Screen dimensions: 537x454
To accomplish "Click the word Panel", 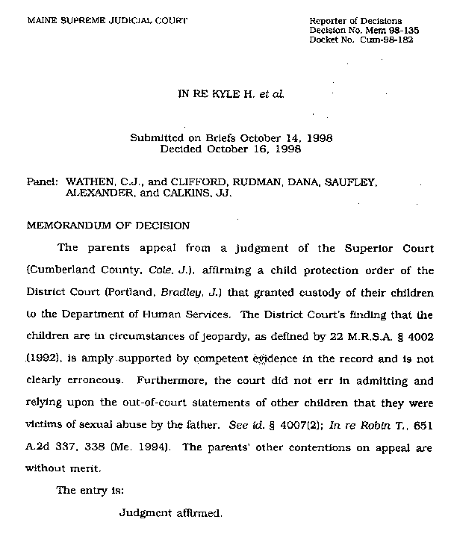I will coord(42,181).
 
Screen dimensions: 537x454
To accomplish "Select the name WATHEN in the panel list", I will coord(91,181).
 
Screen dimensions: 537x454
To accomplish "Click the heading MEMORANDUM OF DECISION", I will coord(108,225).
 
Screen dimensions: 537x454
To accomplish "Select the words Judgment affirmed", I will coord(170,514).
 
